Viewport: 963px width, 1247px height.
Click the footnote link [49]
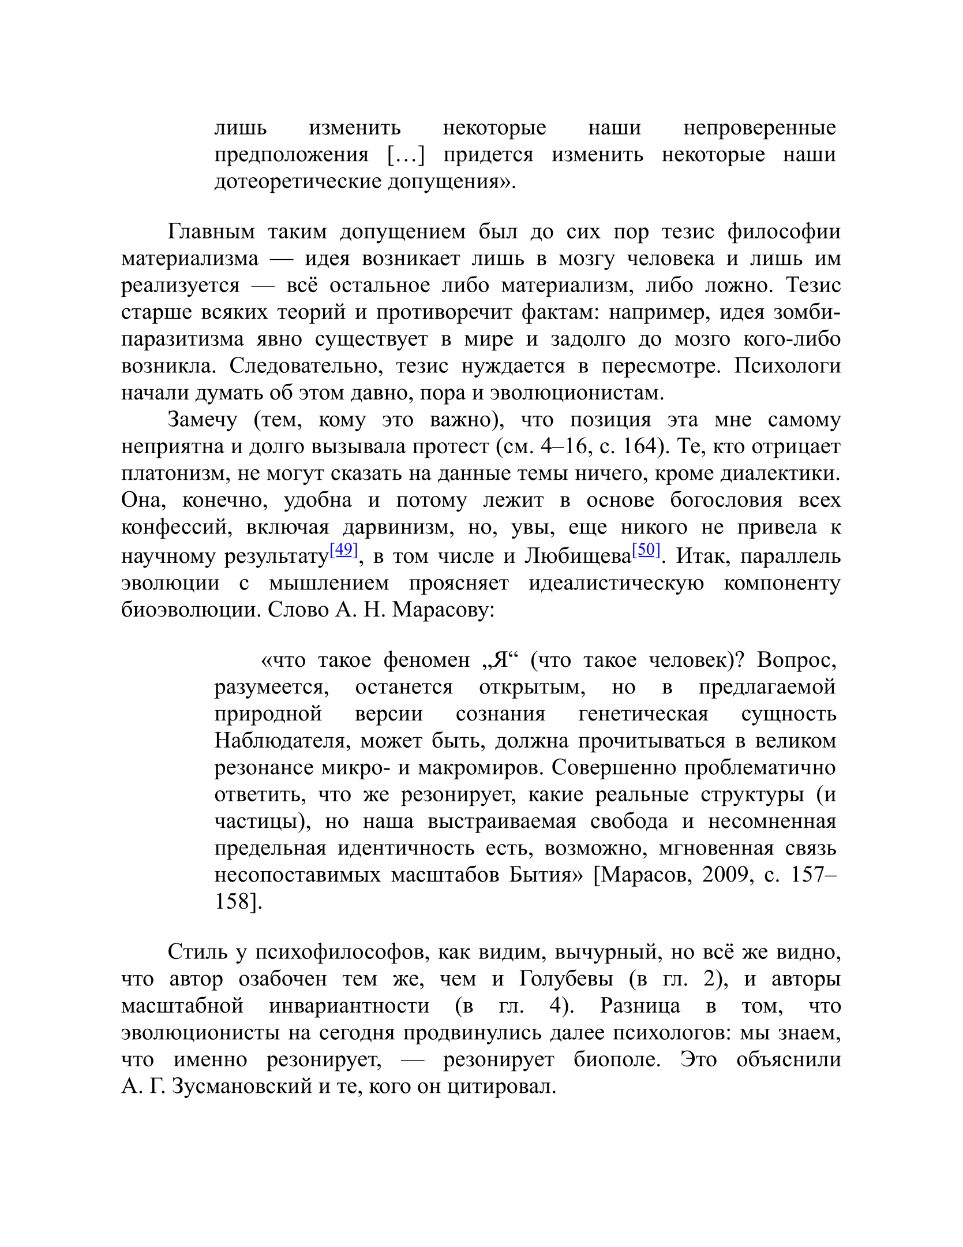pos(344,550)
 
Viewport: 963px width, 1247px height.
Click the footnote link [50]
pos(646,550)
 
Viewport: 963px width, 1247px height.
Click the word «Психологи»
pos(788,366)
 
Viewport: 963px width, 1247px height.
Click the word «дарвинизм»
pos(399,527)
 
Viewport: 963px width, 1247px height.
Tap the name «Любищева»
pos(578,557)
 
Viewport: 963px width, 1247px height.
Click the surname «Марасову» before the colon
pos(443,610)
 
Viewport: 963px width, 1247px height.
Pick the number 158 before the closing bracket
pos(233,902)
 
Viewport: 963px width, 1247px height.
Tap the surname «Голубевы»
pos(566,979)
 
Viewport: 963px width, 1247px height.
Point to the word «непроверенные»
pos(759,128)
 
